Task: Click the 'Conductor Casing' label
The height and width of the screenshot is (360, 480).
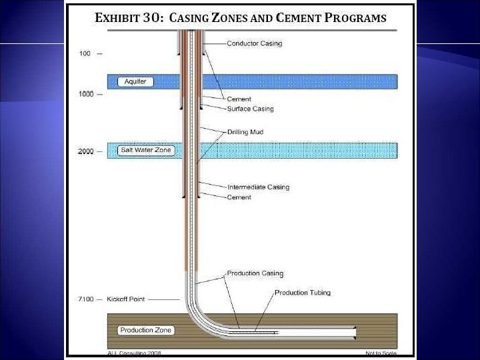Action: pyautogui.click(x=255, y=44)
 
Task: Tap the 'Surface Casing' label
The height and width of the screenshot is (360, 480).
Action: pyautogui.click(x=250, y=109)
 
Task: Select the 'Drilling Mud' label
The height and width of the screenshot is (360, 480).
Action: pyautogui.click(x=245, y=132)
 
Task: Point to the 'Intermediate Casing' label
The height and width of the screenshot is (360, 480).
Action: pyautogui.click(x=258, y=187)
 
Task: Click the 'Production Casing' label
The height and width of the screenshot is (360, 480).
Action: pyautogui.click(x=255, y=273)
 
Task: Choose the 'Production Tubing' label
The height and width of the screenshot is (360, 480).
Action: pyautogui.click(x=302, y=293)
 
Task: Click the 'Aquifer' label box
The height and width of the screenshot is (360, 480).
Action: pyautogui.click(x=135, y=81)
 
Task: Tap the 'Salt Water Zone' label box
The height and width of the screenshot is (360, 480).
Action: pyautogui.click(x=145, y=150)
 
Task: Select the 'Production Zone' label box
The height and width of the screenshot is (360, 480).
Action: pyautogui.click(x=145, y=330)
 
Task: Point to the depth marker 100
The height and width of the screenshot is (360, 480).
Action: pyautogui.click(x=85, y=53)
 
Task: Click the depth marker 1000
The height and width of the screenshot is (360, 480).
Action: pyautogui.click(x=86, y=94)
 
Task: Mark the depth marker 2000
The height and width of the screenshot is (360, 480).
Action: pyautogui.click(x=86, y=151)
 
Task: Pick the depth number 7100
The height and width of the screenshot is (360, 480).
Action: pyautogui.click(x=86, y=299)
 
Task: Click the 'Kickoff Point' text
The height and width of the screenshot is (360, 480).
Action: pyautogui.click(x=126, y=299)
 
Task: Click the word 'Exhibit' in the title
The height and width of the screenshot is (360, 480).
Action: pyautogui.click(x=117, y=19)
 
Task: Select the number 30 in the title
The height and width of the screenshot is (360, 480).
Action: pyautogui.click(x=151, y=19)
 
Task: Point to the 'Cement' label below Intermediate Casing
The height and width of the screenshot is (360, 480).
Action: pyautogui.click(x=239, y=197)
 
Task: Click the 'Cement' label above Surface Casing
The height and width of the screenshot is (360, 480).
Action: pyautogui.click(x=239, y=99)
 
